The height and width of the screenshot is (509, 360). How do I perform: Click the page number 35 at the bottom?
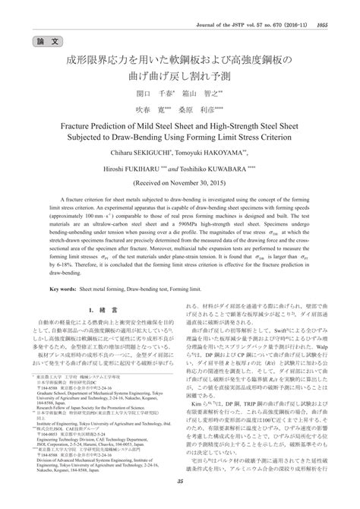[x=180, y=501]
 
